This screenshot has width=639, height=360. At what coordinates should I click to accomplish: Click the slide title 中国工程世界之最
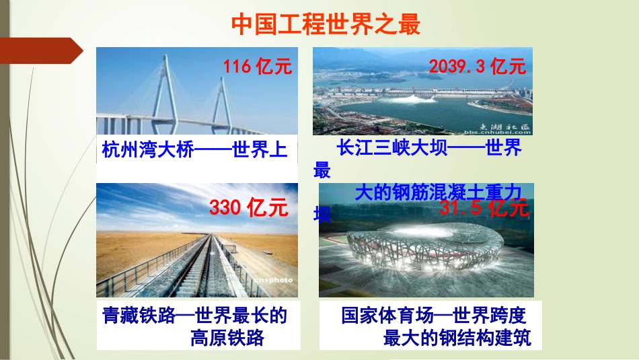coord(326,25)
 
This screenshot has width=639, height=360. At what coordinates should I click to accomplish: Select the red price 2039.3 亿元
coord(477,66)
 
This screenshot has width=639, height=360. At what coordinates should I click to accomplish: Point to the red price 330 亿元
coord(248,207)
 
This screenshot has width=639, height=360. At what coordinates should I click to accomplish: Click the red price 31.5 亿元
coord(484,208)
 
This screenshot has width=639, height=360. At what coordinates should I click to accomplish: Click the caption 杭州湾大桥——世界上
coord(194,149)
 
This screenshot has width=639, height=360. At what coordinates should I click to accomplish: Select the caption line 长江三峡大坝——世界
coord(429,147)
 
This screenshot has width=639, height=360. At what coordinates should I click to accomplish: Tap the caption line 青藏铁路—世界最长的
coord(194,315)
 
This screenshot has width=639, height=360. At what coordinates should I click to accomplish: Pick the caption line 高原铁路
coord(227,337)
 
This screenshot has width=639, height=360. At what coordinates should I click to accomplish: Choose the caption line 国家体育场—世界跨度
coord(433,315)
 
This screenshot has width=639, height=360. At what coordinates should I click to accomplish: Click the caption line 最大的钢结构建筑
coord(457,337)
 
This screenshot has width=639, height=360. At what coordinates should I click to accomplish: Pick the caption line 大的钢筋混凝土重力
coord(438,192)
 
